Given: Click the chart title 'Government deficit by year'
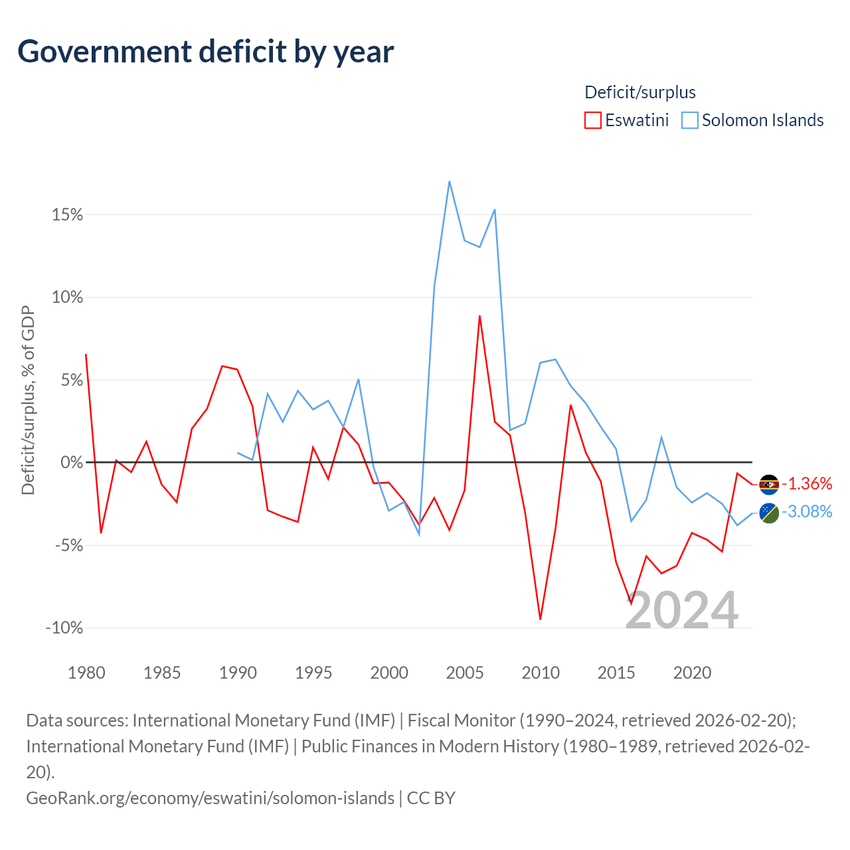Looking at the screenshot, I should coord(206,52).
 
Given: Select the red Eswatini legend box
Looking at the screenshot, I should coord(593,120).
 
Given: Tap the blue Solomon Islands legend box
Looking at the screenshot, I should coord(690,120).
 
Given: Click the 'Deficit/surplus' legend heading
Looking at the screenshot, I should coord(640,92).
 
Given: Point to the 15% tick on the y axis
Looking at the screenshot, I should coord(68,215).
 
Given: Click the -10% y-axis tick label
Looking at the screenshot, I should coord(64,628).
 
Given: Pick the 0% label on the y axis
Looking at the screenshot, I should coord(72,463).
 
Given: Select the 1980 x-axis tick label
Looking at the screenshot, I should coord(86,673).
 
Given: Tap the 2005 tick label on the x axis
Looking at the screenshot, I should coord(465,673).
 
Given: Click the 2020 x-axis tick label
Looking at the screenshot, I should coord(692,673).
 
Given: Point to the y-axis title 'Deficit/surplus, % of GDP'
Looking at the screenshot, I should coord(28,400).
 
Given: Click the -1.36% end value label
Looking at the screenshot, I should coord(807,483).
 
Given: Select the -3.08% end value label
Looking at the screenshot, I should coord(807,511).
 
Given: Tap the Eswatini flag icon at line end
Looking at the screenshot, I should coord(769,485).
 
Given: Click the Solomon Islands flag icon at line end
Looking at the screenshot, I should coord(769,513).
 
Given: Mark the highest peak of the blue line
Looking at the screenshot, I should coord(450,181).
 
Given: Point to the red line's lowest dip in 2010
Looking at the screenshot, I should coord(541,619).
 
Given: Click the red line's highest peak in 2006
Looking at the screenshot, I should coord(479,316).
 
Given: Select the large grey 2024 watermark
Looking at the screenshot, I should coord(682,610).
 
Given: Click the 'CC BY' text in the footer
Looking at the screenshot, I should coord(431,798).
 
